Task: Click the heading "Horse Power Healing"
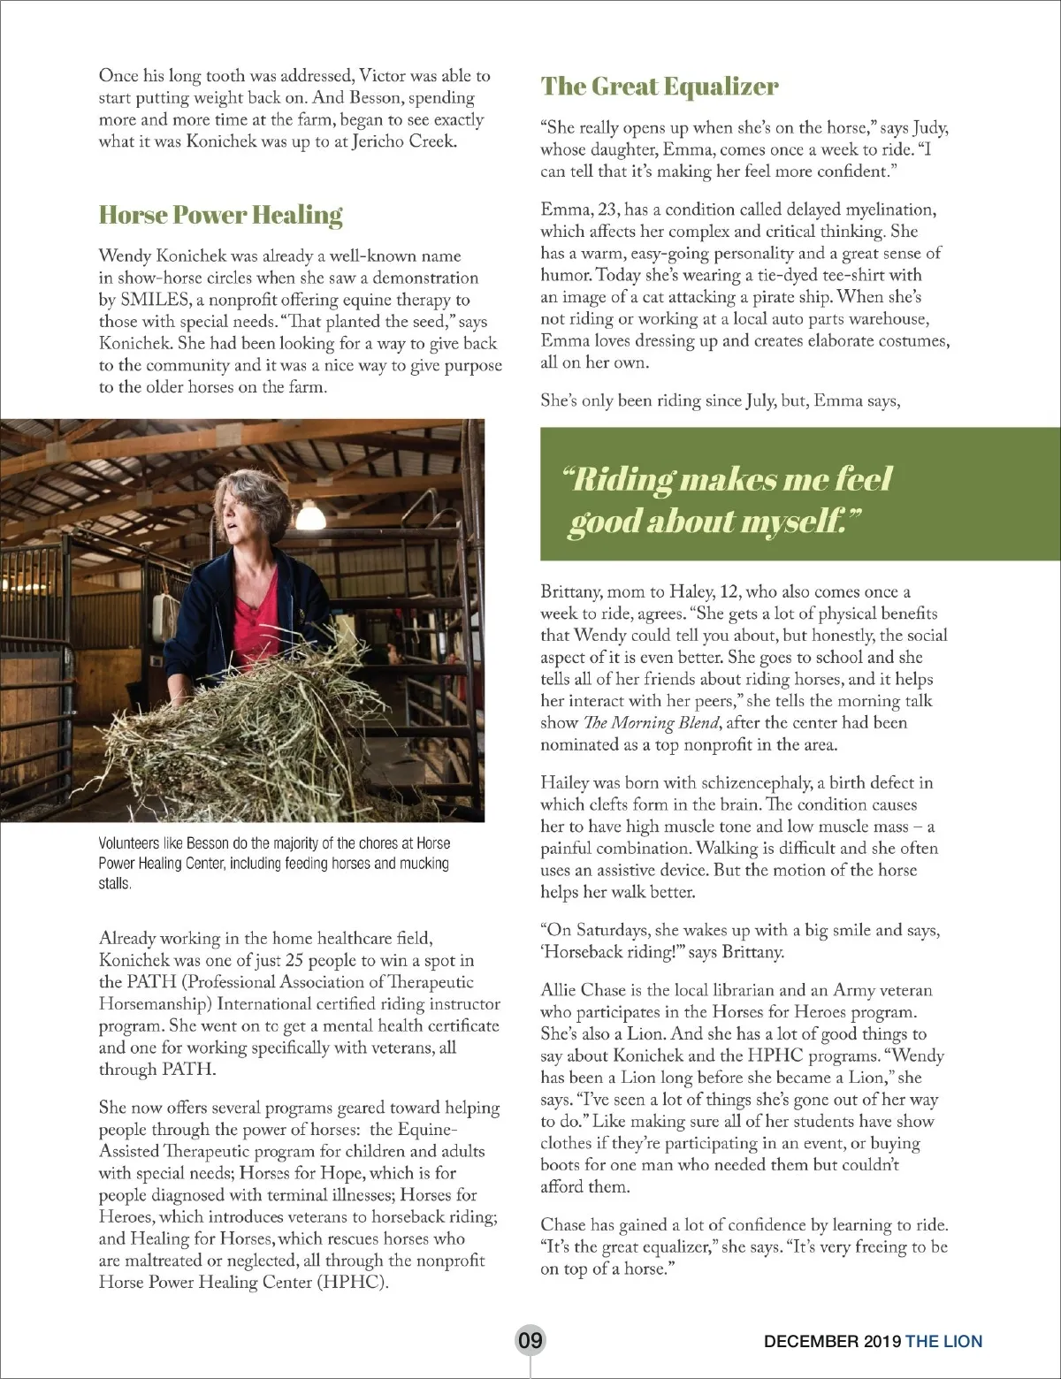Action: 220,215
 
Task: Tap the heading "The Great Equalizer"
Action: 660,87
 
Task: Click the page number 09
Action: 530,1340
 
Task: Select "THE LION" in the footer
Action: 943,1341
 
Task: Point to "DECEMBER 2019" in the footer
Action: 832,1341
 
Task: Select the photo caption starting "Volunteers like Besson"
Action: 274,863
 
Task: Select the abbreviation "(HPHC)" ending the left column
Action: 353,1282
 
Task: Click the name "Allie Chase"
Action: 583,990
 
